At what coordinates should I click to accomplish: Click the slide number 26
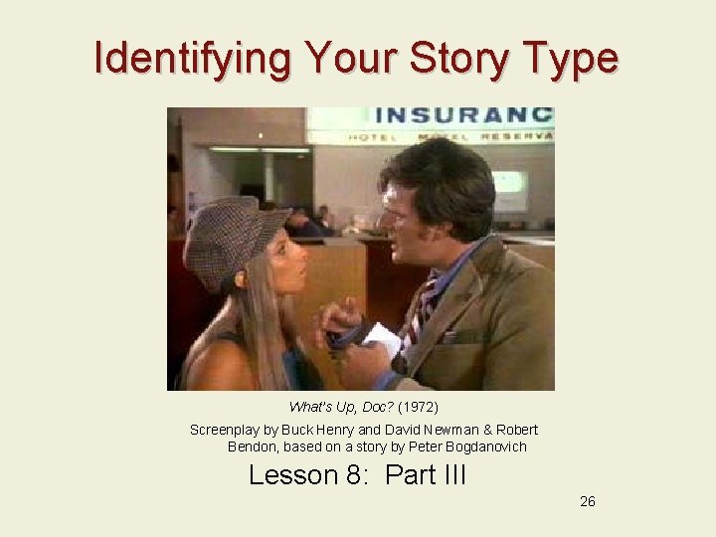(x=588, y=502)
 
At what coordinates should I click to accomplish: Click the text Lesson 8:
(x=307, y=475)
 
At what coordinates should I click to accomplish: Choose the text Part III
(x=425, y=475)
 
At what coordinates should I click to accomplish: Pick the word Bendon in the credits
(x=253, y=447)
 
